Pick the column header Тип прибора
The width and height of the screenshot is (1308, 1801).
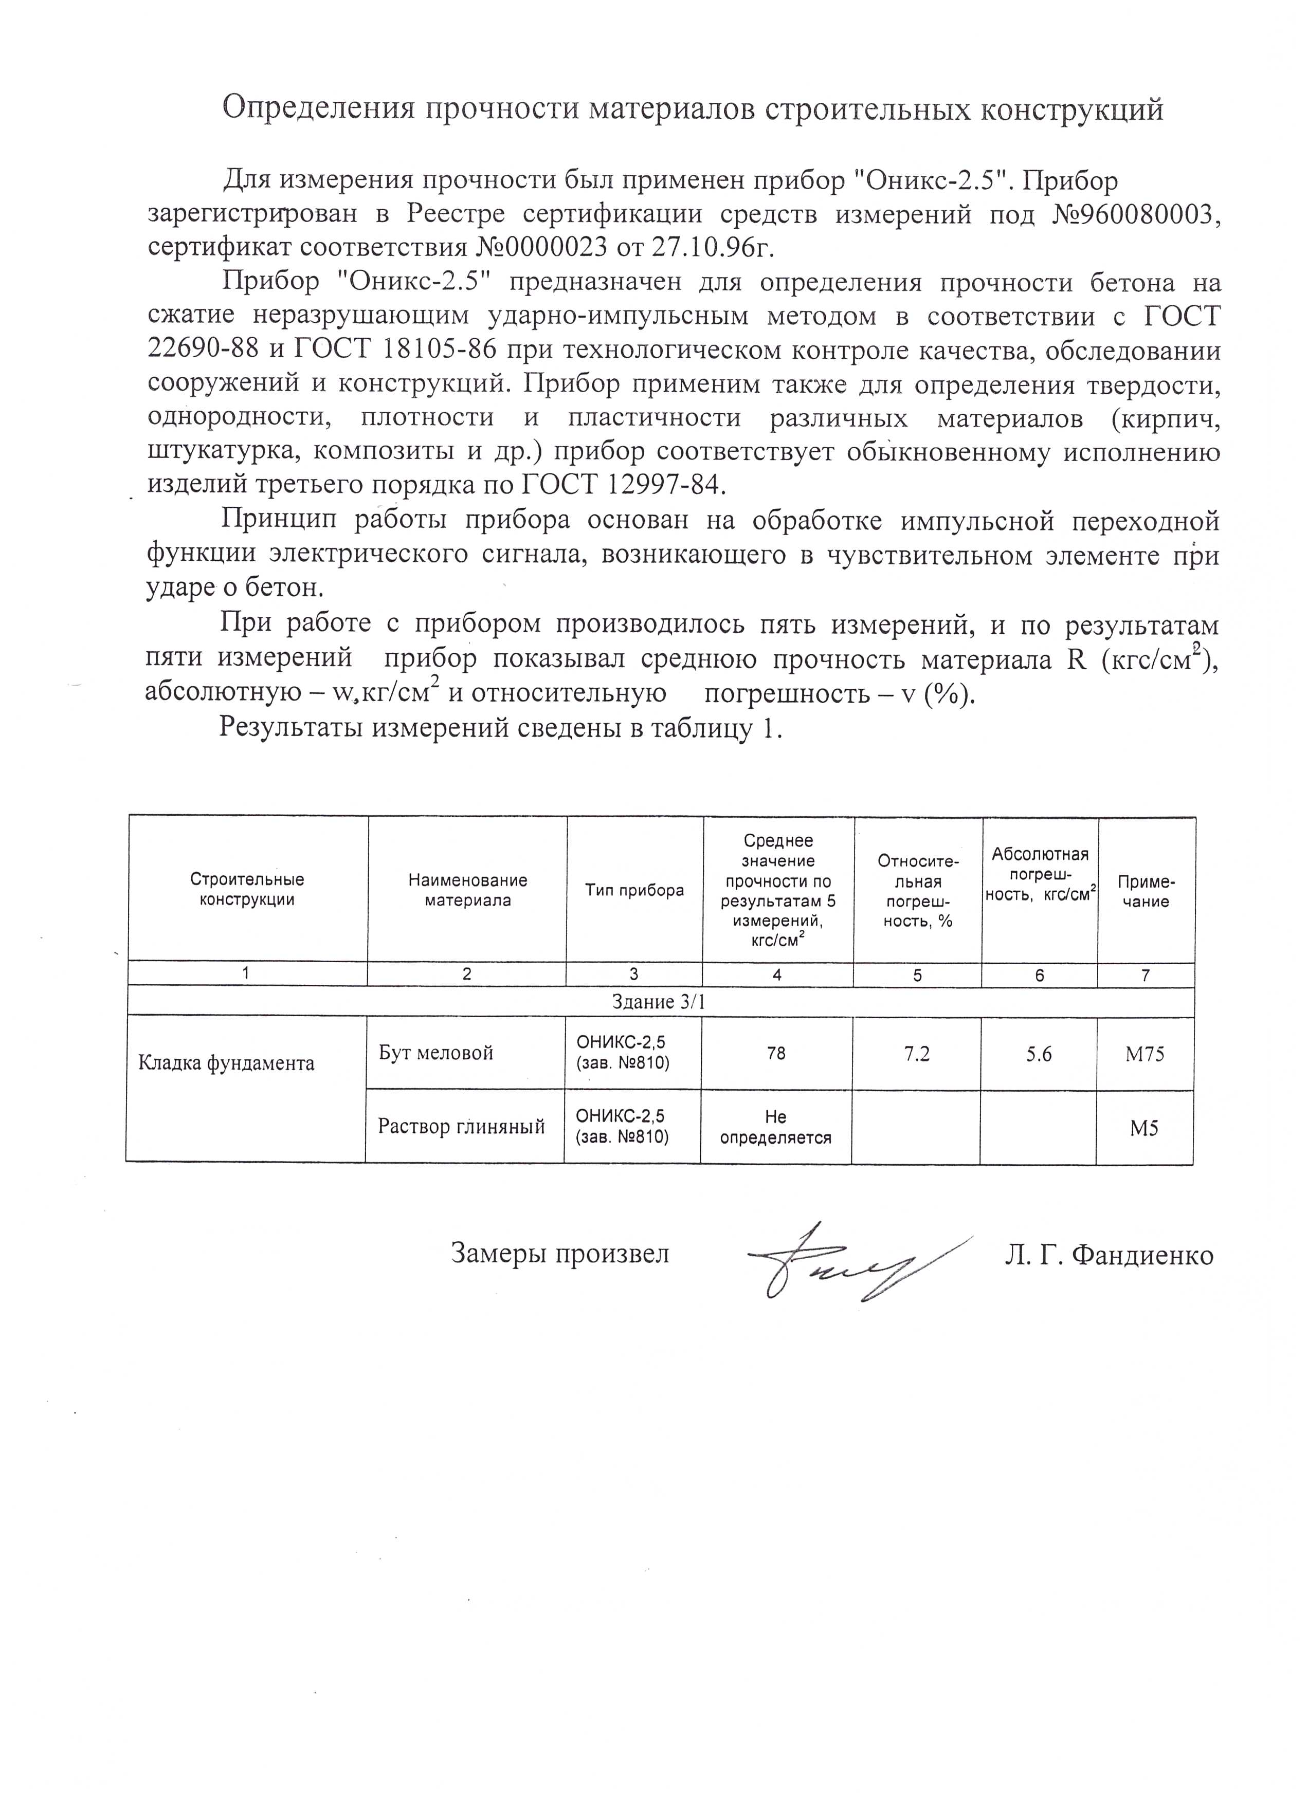pyautogui.click(x=634, y=890)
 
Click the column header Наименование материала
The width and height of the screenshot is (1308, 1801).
pyautogui.click(x=468, y=890)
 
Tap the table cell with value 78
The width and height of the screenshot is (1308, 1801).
pyautogui.click(x=777, y=1053)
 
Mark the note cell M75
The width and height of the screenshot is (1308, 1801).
pyautogui.click(x=1145, y=1054)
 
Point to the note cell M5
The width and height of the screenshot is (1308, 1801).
pyautogui.click(x=1145, y=1128)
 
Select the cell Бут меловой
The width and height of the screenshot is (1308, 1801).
pyautogui.click(x=436, y=1053)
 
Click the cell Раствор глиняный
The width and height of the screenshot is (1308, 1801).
pyautogui.click(x=461, y=1127)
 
